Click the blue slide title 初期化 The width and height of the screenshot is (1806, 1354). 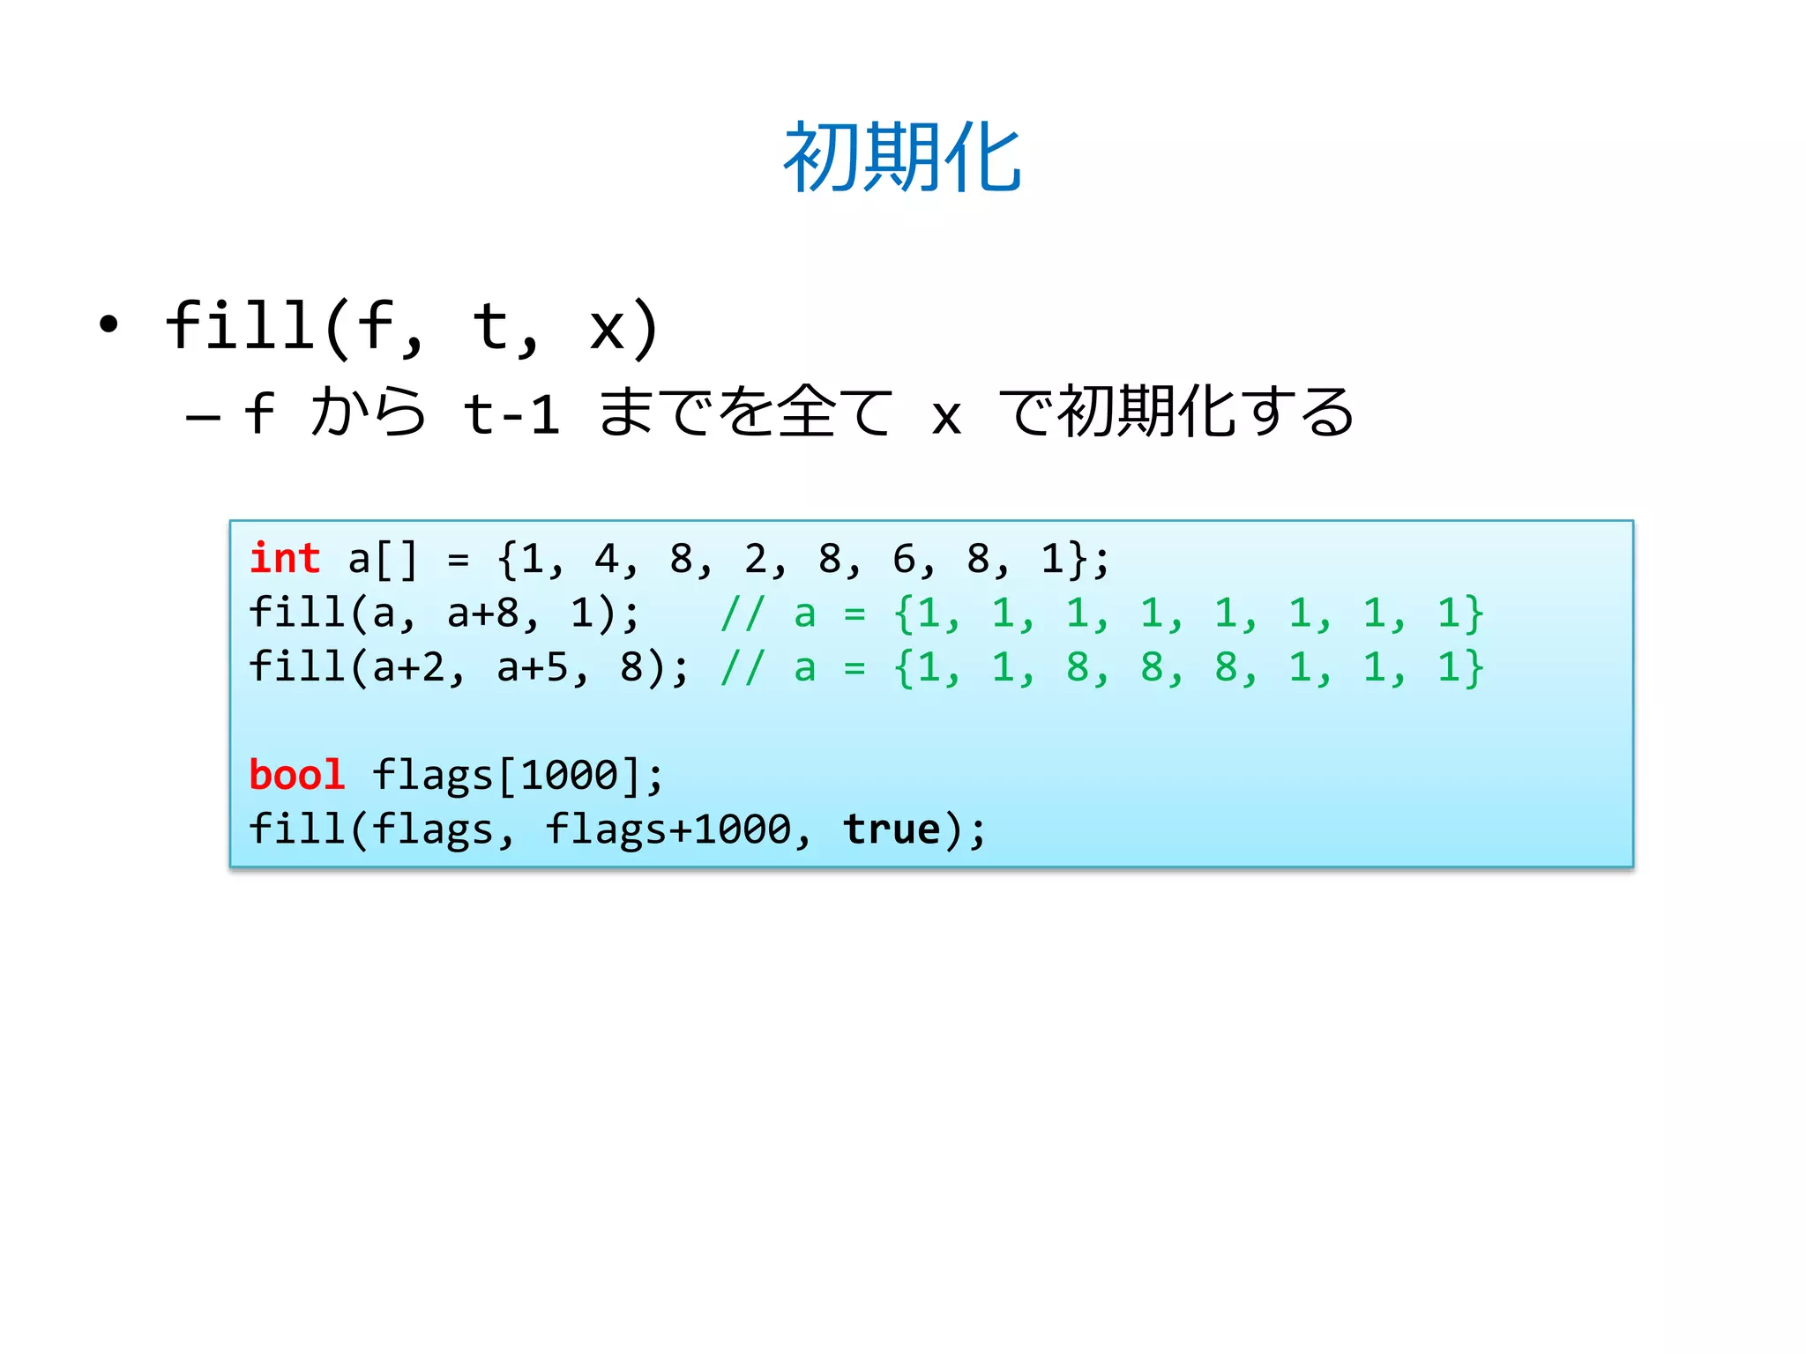point(902,159)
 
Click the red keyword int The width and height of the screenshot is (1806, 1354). point(285,559)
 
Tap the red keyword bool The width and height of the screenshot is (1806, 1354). point(296,776)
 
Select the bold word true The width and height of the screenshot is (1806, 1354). point(892,830)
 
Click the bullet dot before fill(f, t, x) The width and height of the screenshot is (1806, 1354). point(108,324)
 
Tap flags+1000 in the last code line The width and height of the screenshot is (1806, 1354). point(668,830)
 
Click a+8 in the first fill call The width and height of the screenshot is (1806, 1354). point(482,614)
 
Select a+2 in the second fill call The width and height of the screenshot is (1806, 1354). point(407,667)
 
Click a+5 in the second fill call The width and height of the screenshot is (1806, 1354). point(532,667)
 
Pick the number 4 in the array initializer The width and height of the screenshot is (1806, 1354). point(607,559)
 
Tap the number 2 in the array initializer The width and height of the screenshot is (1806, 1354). point(756,559)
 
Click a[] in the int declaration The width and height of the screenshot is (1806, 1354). point(383,559)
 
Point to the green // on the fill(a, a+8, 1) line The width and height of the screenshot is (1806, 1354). point(742,614)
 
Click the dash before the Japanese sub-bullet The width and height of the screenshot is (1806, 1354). point(203,416)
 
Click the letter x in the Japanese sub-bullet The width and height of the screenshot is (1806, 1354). point(945,416)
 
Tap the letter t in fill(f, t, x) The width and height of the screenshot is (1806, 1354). point(490,326)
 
